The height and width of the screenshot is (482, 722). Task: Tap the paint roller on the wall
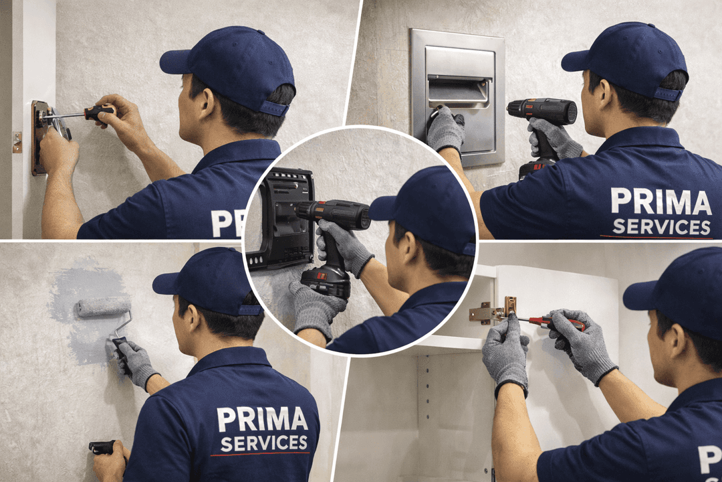103,307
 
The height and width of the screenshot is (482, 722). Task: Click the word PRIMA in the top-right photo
660,202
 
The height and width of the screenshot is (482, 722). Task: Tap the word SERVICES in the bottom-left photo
264,443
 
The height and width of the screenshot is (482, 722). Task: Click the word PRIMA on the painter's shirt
262,419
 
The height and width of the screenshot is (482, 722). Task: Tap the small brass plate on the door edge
17,142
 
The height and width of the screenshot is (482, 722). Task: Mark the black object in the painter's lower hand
102,447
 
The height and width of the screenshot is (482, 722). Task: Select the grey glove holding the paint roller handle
134,362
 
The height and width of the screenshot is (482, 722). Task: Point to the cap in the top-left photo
231,67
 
